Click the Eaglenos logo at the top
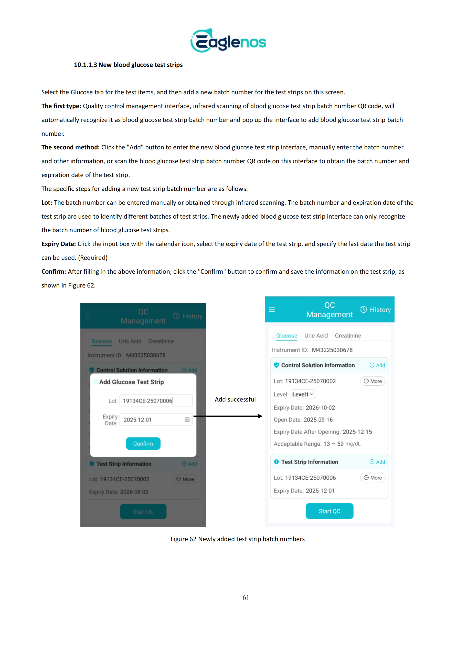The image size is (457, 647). (x=228, y=40)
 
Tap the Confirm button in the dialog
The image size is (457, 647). (x=143, y=444)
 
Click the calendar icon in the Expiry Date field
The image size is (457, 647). (x=187, y=420)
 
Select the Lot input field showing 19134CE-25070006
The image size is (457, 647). (x=156, y=401)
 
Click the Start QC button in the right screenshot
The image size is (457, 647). (x=330, y=511)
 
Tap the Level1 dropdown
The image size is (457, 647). (x=303, y=394)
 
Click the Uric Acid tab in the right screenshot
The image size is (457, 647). (x=316, y=335)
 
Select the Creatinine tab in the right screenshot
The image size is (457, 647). (x=348, y=335)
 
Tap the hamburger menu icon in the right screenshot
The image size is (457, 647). (x=272, y=310)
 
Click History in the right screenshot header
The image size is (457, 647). (x=376, y=310)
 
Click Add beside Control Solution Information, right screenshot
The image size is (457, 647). (x=377, y=365)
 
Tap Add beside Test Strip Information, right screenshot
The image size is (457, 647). (x=377, y=462)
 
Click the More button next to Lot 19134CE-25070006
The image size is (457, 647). (x=373, y=478)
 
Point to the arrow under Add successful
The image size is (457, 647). (x=228, y=416)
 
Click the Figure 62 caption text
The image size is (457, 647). (x=237, y=539)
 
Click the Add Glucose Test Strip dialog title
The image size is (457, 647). (x=131, y=382)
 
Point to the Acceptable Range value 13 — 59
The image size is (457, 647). (x=333, y=444)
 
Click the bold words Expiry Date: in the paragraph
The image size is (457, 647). (x=59, y=244)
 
